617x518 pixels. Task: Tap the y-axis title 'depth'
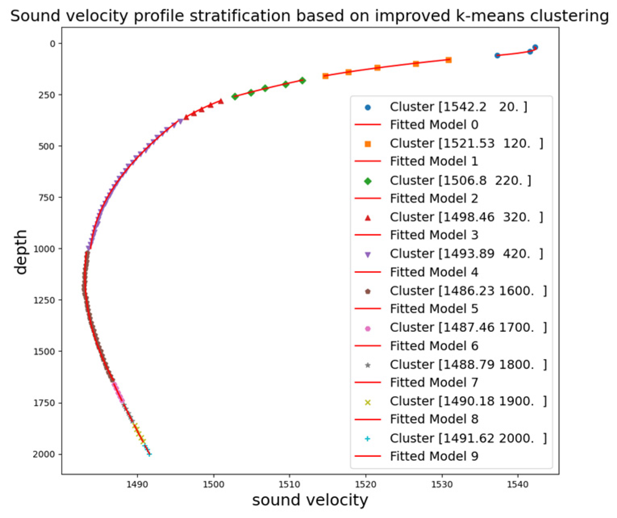[20, 252]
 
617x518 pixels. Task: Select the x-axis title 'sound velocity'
[310, 500]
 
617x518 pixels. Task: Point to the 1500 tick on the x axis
[213, 484]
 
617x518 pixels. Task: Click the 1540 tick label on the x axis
[518, 484]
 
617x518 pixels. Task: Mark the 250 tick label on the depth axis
[47, 95]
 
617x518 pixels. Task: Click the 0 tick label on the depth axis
[53, 44]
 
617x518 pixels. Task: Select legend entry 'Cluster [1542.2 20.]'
[458, 107]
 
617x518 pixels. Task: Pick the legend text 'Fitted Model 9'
[434, 456]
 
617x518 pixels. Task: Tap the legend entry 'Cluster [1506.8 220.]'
[460, 181]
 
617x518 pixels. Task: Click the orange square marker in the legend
[367, 144]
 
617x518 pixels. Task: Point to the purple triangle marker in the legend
[367, 254]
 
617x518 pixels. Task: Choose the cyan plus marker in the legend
[367, 439]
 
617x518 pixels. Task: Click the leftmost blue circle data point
[497, 55]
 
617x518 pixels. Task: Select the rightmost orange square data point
[448, 60]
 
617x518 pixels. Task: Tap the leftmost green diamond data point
[235, 96]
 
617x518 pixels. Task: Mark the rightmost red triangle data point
[221, 101]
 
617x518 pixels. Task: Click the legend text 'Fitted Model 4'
[434, 272]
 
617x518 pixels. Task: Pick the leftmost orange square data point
[325, 76]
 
